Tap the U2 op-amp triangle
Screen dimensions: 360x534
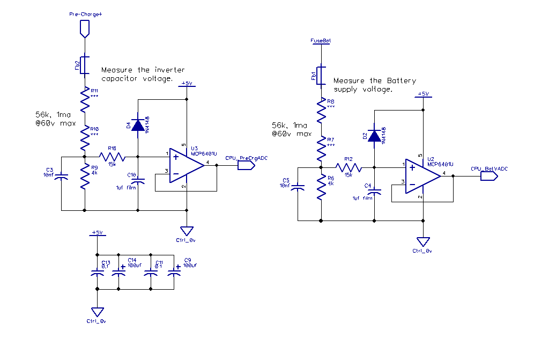(422, 176)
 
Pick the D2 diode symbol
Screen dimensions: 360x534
(374, 136)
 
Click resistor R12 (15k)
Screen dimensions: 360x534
(348, 167)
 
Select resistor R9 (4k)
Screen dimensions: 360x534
(85, 177)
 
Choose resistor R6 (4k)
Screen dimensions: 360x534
(321, 187)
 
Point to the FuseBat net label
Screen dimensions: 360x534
(321, 40)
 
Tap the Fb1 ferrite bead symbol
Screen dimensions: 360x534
(321, 75)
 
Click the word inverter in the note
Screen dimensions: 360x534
(169, 70)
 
